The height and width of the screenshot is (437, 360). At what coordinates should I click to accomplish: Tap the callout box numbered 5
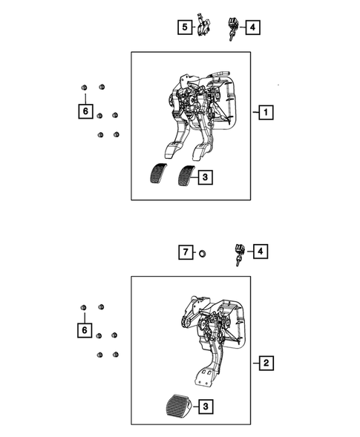[x=183, y=28]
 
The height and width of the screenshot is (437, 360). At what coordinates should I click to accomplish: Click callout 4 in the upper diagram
[x=253, y=28]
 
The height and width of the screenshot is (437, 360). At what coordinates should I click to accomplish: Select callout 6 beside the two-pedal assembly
[x=85, y=112]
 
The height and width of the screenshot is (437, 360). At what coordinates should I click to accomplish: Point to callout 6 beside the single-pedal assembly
[x=85, y=328]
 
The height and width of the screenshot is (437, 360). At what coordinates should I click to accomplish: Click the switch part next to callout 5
[x=203, y=27]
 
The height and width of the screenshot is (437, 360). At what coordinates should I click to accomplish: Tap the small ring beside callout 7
[x=201, y=254]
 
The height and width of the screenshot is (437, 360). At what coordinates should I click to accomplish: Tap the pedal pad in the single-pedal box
[x=174, y=407]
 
